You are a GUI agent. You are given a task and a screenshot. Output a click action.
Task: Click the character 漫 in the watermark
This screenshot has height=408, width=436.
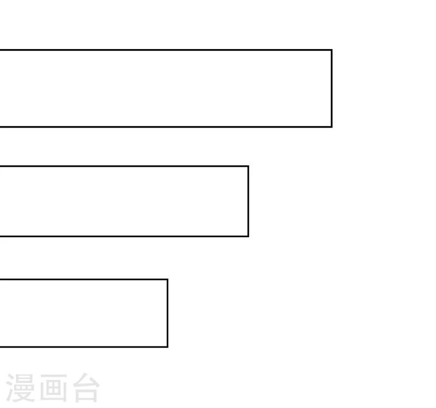(20, 388)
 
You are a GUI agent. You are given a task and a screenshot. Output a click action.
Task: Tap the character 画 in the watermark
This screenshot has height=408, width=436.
(53, 388)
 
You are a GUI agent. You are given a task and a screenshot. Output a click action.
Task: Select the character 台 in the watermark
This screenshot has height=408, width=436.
(87, 388)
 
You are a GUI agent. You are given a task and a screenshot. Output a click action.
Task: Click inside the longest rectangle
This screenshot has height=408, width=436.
(166, 88)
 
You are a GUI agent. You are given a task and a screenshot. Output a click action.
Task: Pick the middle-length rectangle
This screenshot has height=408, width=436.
(124, 201)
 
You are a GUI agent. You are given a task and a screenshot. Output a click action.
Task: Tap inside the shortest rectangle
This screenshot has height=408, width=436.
(84, 313)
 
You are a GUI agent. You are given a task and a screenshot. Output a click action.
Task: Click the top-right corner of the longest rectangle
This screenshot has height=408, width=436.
(332, 50)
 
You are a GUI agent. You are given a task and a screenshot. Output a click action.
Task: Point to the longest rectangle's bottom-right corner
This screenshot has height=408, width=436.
(332, 127)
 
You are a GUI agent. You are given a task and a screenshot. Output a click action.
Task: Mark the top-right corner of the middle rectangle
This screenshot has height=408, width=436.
(249, 166)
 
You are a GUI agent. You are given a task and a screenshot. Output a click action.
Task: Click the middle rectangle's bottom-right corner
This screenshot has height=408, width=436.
(249, 236)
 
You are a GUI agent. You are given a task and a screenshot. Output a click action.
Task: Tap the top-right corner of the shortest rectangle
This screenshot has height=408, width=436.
(167, 279)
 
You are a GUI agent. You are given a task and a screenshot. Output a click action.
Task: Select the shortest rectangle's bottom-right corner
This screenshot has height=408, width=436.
(167, 347)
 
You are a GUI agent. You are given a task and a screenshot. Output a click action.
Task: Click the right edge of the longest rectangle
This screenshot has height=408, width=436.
(332, 88)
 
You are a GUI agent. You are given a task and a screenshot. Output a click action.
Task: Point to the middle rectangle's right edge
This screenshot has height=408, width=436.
(249, 201)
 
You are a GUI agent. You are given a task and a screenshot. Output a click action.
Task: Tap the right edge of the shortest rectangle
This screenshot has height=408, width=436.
(167, 313)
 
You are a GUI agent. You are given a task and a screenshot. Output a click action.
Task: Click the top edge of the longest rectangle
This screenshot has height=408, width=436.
(166, 50)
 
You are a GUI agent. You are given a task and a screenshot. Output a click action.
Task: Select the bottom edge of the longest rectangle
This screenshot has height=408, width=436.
(166, 127)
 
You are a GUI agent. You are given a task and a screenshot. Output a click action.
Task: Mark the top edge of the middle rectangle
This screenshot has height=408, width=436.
(124, 166)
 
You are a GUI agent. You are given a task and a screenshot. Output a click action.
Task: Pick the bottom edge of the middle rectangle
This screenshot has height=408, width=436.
(124, 236)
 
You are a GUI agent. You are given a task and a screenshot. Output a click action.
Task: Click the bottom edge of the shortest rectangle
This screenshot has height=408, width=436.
(84, 347)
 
